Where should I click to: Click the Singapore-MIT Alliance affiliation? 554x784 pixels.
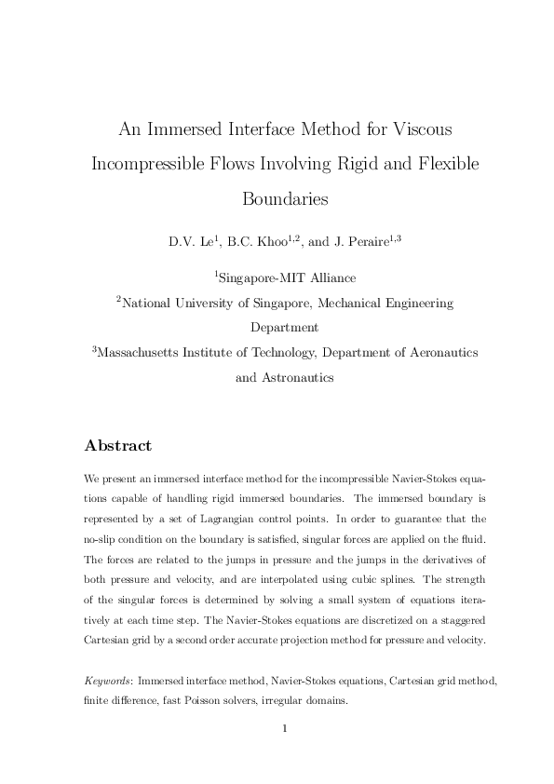coord(287,277)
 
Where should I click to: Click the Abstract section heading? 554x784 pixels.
coord(117,445)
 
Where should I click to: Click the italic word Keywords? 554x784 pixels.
coord(107,682)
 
